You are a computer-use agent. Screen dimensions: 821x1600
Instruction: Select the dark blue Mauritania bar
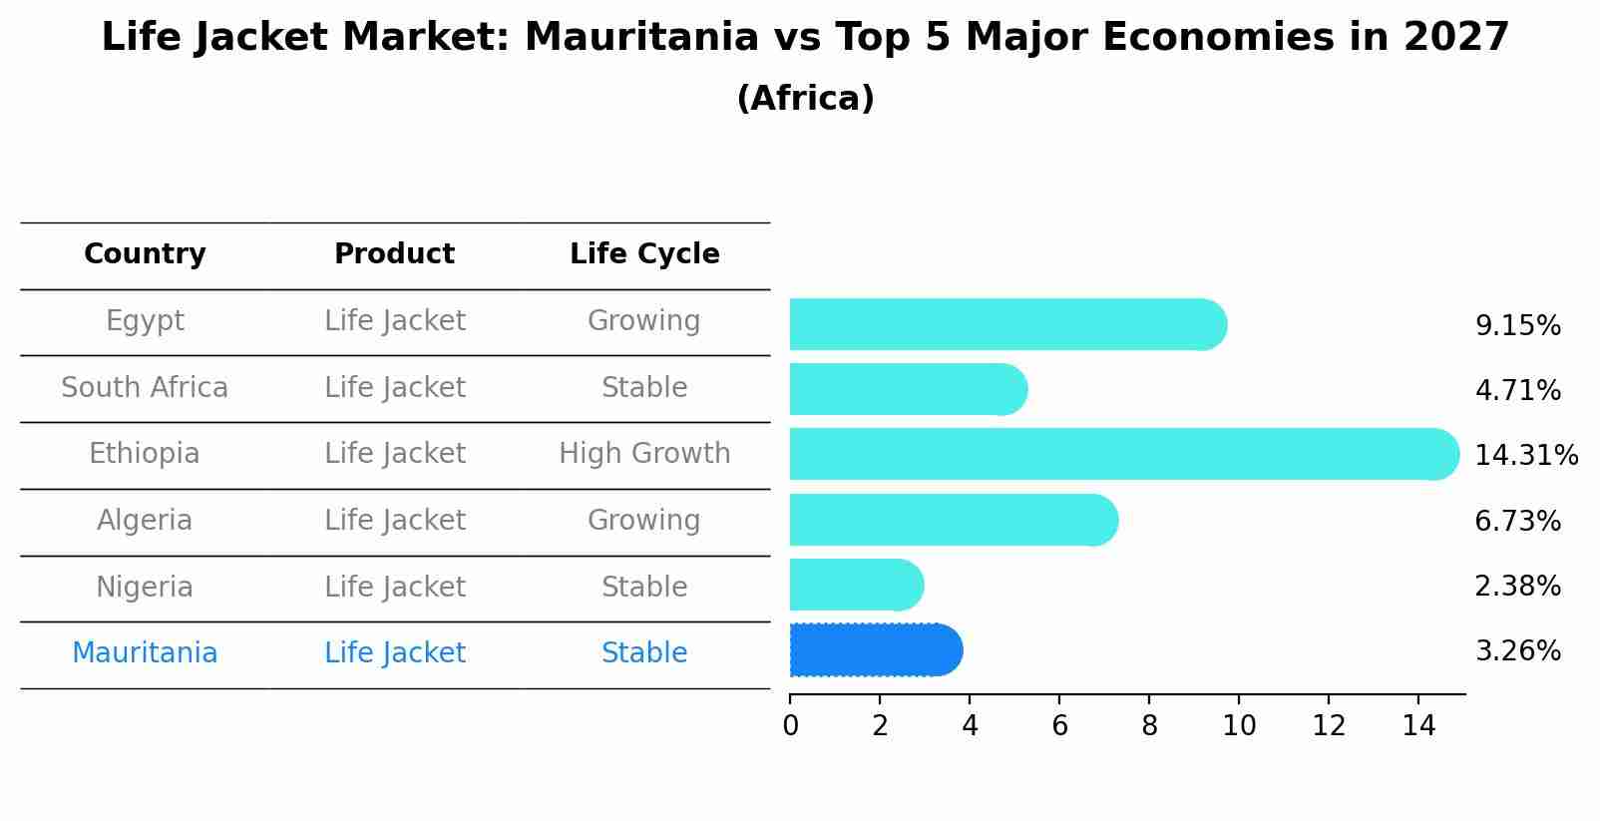click(875, 650)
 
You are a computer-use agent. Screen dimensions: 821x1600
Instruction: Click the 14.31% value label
click(1525, 456)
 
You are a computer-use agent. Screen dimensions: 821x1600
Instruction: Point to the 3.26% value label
click(1517, 651)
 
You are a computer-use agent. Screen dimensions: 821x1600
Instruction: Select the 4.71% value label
click(1517, 390)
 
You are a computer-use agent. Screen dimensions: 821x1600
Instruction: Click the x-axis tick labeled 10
click(1239, 726)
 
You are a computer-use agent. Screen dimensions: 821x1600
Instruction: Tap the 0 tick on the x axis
click(790, 726)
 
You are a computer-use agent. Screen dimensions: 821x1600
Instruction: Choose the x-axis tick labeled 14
click(1418, 726)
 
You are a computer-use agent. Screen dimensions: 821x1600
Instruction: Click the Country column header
click(145, 254)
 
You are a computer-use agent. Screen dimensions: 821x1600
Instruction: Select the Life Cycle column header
click(644, 254)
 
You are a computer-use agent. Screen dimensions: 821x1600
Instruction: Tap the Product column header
click(394, 254)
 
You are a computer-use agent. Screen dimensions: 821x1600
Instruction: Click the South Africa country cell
click(145, 387)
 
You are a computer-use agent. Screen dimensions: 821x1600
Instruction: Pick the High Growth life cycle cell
click(644, 454)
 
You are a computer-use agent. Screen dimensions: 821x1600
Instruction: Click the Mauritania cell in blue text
click(145, 653)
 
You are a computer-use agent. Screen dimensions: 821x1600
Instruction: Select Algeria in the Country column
click(145, 521)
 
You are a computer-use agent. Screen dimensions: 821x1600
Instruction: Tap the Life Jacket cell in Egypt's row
click(394, 321)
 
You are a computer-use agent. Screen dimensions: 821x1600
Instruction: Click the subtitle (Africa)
click(805, 99)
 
